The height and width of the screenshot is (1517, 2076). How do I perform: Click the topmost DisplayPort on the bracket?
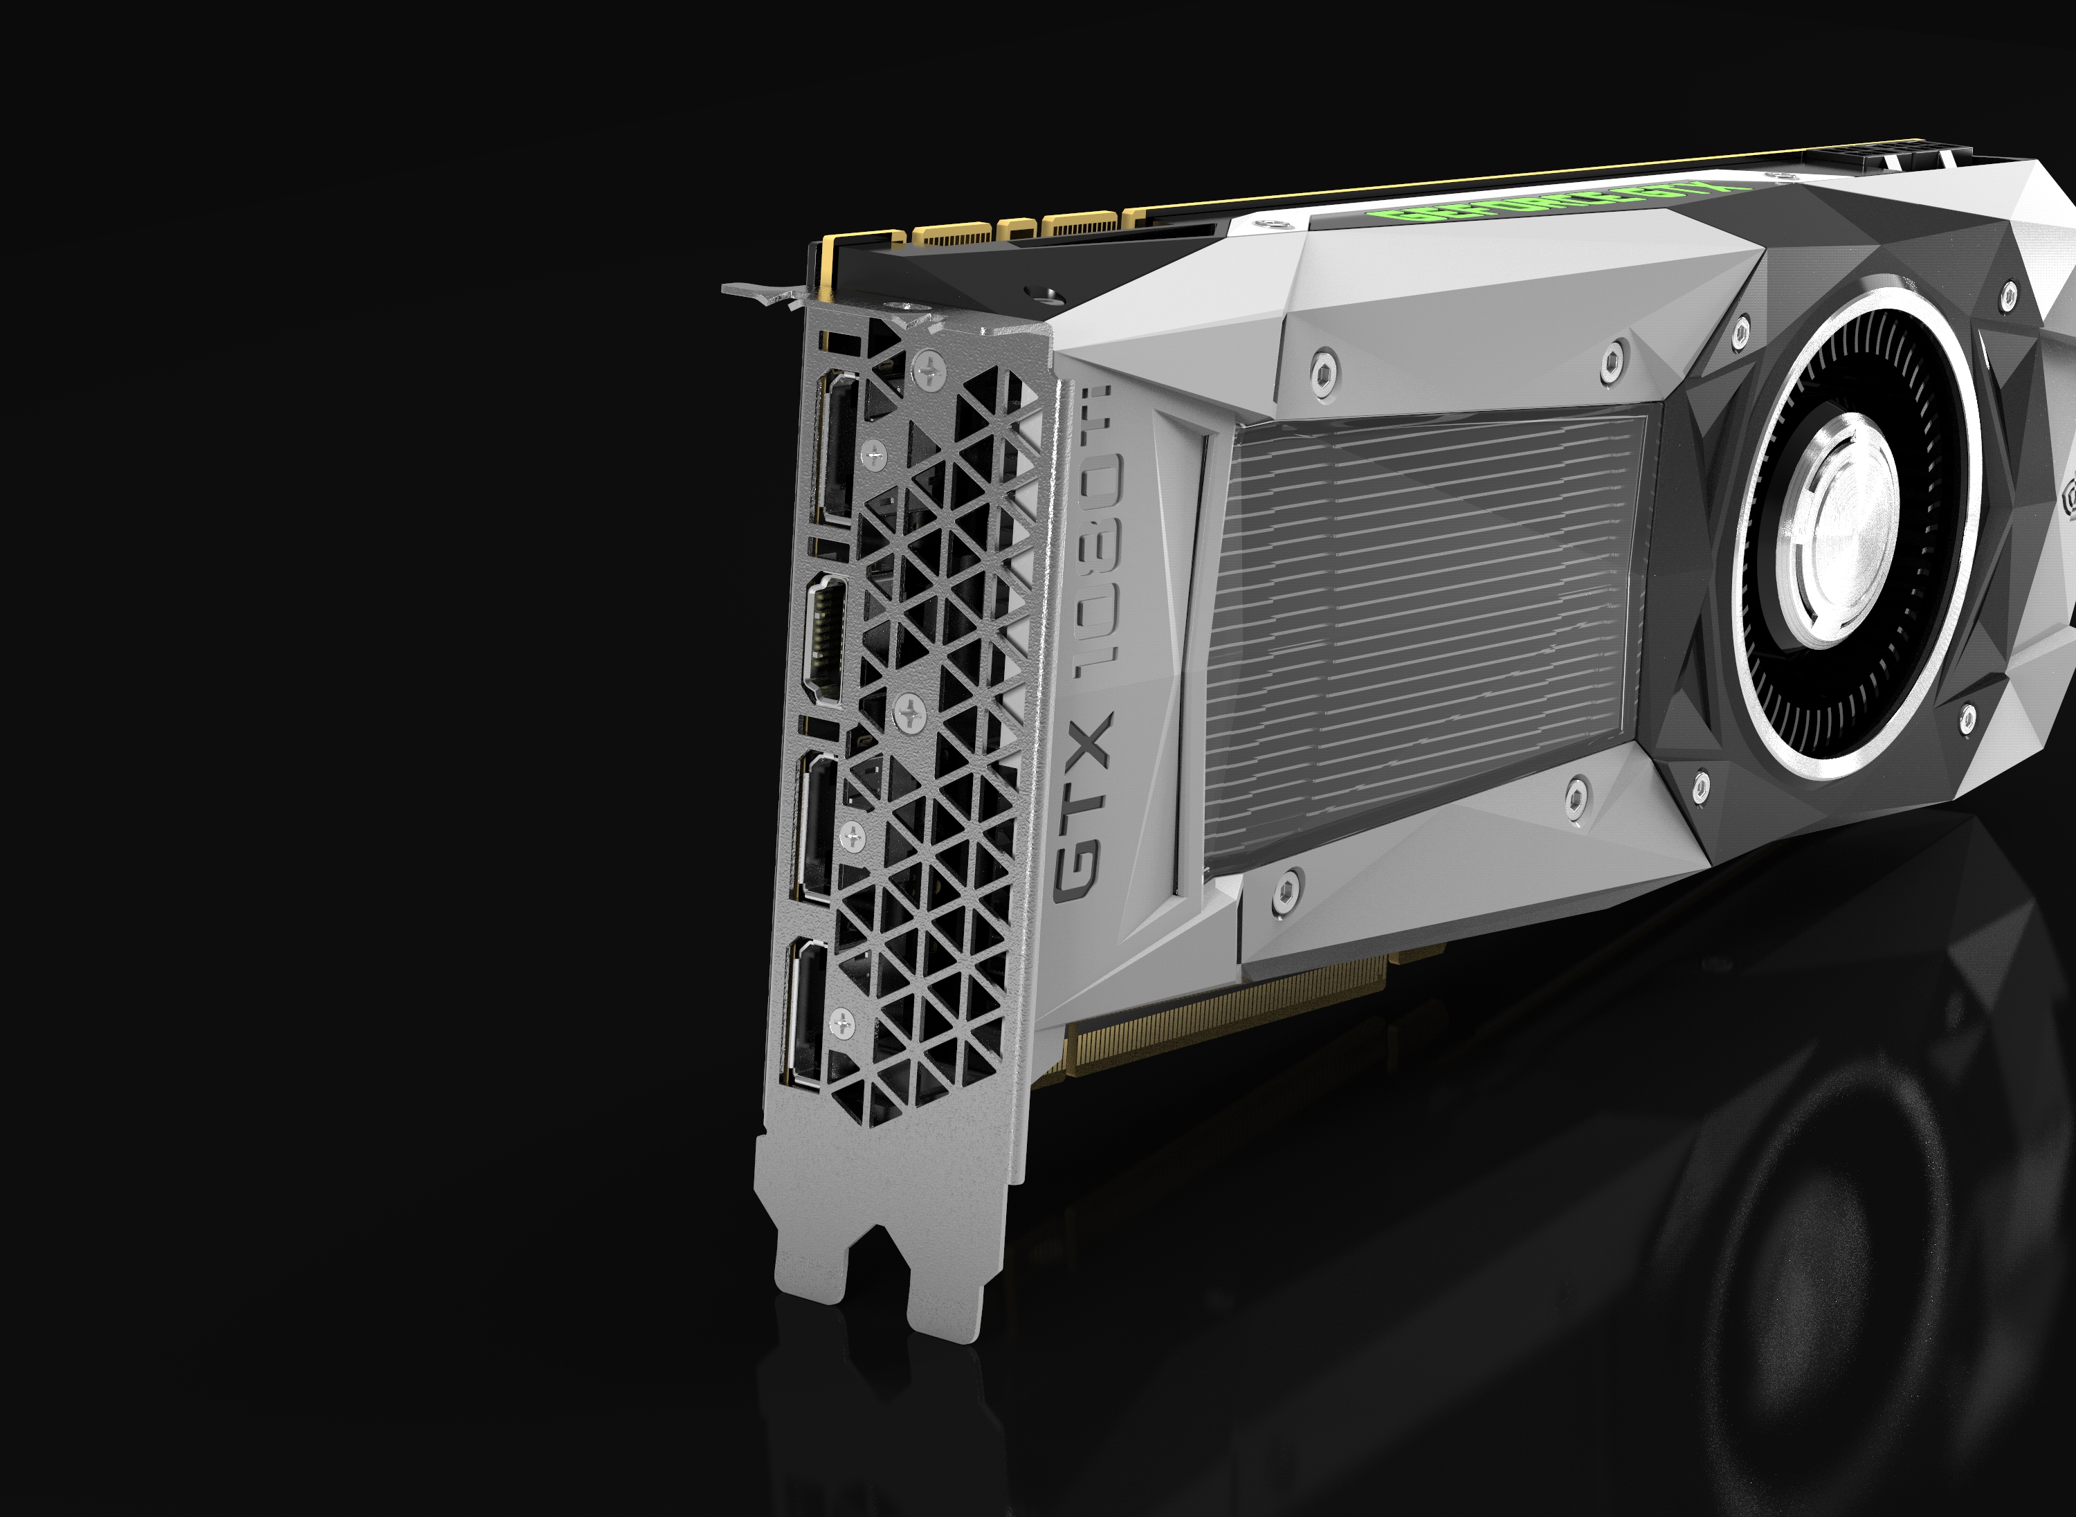pos(835,447)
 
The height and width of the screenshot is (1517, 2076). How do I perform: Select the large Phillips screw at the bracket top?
pos(930,372)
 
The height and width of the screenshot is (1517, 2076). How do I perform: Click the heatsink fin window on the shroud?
pos(1423,634)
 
